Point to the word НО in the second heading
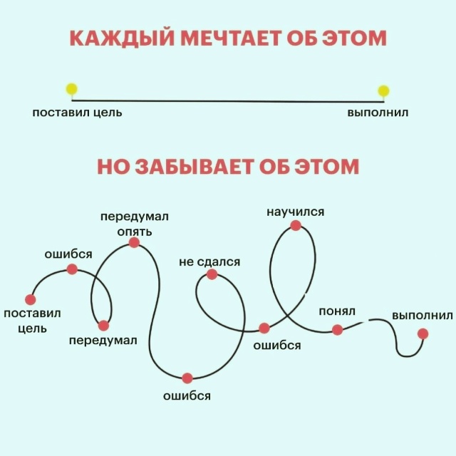point(111,167)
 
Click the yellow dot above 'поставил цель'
point(71,89)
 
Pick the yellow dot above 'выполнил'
point(383,90)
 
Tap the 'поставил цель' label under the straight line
point(77,113)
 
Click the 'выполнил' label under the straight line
point(378,113)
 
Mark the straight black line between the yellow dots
point(228,100)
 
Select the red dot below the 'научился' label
point(296,225)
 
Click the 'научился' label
point(296,212)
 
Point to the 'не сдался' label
point(209,262)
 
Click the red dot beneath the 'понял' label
point(338,329)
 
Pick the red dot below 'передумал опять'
point(134,242)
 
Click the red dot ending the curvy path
point(423,333)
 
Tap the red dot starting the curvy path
point(30,299)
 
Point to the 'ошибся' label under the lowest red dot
point(187,395)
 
